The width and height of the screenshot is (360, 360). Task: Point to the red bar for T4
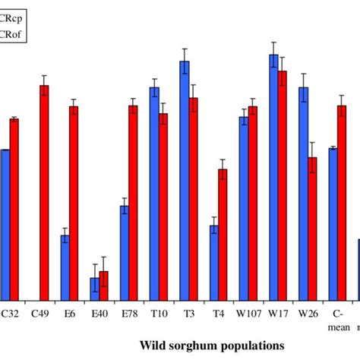[x=223, y=235]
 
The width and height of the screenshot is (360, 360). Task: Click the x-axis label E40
[x=99, y=312]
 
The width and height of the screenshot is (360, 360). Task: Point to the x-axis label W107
[x=248, y=312]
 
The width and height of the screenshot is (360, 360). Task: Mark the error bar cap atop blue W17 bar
[x=273, y=43]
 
